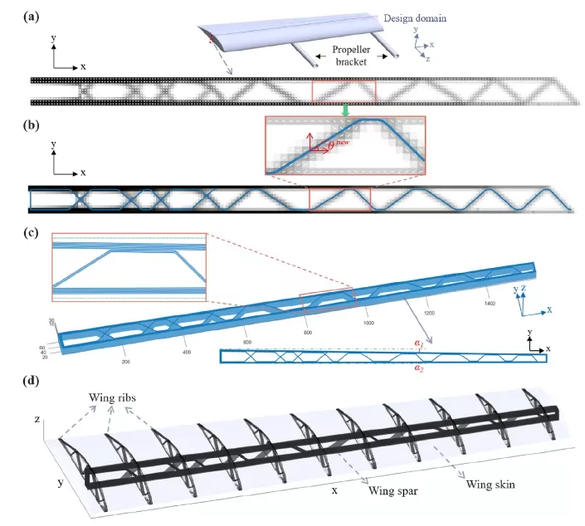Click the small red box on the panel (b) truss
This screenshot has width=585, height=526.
[339, 200]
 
